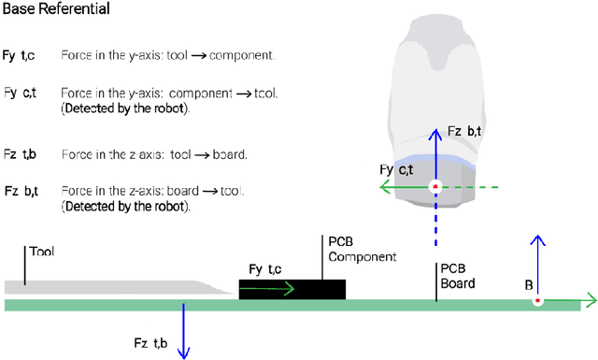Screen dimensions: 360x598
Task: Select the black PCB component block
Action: coord(292,289)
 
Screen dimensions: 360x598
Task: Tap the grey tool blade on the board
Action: coord(112,289)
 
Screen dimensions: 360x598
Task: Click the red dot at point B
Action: coord(537,301)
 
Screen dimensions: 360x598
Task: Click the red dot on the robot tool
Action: coord(434,188)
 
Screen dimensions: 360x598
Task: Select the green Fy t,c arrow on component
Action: coord(271,289)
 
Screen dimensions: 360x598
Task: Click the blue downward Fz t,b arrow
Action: coord(185,332)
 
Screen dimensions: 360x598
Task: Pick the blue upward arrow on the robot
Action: coord(434,154)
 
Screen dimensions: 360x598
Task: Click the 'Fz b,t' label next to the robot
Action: coord(463,132)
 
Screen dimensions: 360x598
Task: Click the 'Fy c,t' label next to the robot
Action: coord(397,169)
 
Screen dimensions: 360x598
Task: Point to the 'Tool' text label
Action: coord(41,252)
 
